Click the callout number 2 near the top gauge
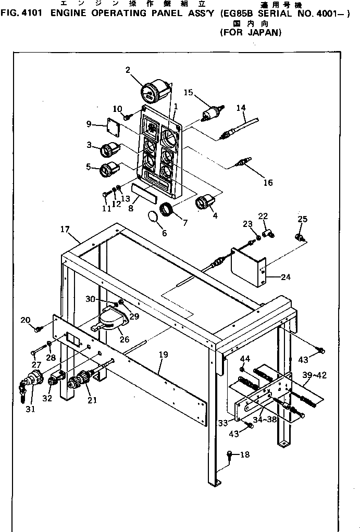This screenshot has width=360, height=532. pos(128,70)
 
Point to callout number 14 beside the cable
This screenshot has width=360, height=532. pos(241,108)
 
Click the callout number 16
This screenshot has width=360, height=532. pos(268,182)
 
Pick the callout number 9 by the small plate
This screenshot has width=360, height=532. pos(89,124)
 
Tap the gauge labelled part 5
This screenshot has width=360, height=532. pos(109,170)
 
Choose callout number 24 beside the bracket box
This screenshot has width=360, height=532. pos(285,277)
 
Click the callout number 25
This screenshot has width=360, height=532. pos(303,218)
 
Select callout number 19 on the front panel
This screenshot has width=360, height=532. pos(163,354)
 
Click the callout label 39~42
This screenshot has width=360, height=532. pos(314,375)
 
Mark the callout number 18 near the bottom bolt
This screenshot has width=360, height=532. pos(244,454)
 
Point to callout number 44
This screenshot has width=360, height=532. pos(244,358)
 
